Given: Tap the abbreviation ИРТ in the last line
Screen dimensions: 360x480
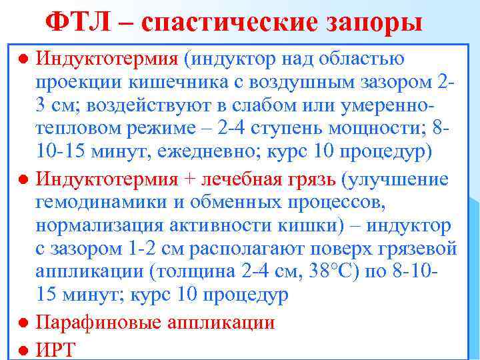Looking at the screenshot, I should [56, 349].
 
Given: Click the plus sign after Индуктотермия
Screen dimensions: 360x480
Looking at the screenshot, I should [188, 179].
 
